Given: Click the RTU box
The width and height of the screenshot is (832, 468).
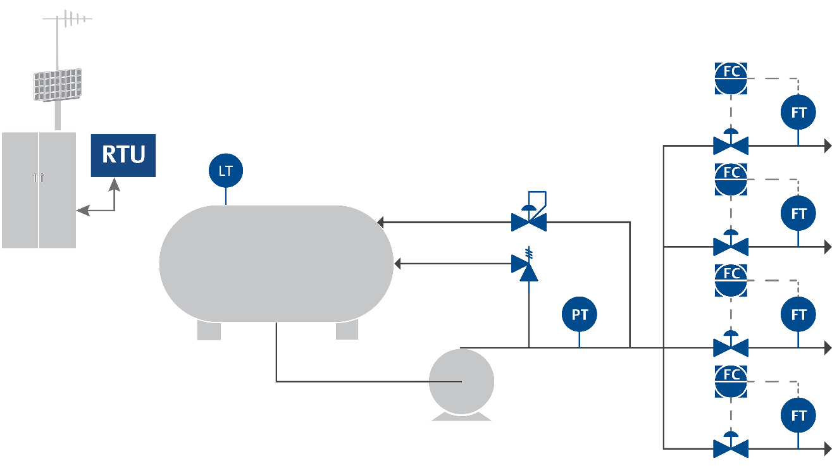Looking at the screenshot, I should tap(123, 155).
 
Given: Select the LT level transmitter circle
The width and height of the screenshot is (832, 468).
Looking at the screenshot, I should tap(226, 171).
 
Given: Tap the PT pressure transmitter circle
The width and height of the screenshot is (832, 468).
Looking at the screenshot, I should tap(580, 314).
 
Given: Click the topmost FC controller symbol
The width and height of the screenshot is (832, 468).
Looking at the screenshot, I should tap(731, 78).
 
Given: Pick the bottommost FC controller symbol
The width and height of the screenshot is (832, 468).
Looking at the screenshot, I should tap(731, 381).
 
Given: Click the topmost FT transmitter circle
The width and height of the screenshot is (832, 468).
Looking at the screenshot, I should tap(798, 113).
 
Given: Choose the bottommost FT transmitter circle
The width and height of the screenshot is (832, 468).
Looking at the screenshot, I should tap(798, 416).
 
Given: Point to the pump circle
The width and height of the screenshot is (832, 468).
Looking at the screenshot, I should tap(462, 381).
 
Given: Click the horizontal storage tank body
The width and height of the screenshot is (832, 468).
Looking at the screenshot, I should tap(276, 263).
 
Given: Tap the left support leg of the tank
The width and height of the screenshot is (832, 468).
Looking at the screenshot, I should tap(209, 329).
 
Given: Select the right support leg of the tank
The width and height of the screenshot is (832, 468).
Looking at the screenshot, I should tap(347, 329).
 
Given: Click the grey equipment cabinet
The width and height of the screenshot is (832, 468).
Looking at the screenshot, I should tap(39, 190).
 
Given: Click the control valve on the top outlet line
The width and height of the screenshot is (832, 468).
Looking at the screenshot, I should tap(731, 145).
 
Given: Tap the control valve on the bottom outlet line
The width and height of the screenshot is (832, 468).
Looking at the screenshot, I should tap(731, 448).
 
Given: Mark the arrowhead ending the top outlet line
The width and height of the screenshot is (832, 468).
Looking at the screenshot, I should tap(827, 145).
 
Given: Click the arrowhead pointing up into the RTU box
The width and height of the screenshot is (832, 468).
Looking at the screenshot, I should tap(115, 183).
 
